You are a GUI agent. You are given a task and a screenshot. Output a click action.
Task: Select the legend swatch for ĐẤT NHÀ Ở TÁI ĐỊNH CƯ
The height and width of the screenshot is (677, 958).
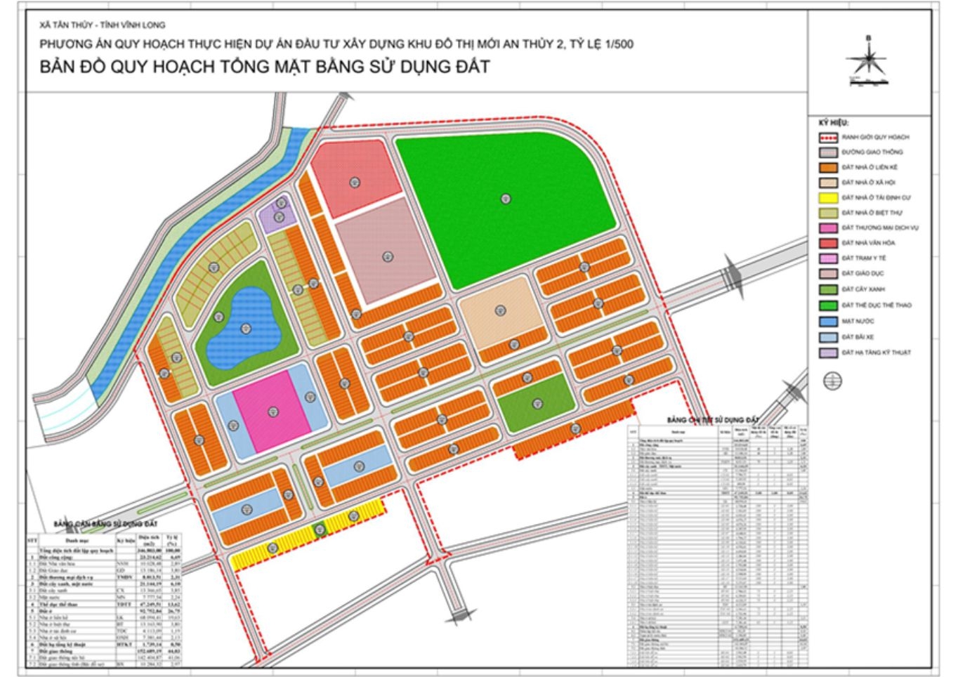(x=829, y=197)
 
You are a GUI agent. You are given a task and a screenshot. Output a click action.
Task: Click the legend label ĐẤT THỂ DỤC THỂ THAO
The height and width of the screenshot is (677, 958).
(x=876, y=305)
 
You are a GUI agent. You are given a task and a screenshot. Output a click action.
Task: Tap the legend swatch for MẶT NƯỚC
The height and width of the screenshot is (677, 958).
(x=829, y=321)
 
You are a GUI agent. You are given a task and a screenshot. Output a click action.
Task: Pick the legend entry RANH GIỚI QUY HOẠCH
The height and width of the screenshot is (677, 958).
(x=874, y=137)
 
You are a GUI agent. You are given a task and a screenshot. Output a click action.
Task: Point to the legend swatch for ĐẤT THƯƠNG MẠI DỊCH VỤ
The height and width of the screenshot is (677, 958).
(x=829, y=228)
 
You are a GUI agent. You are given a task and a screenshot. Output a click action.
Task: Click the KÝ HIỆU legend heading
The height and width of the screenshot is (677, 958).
(x=833, y=121)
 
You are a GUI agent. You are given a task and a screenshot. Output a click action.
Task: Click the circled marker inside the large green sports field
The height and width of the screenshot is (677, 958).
(x=505, y=199)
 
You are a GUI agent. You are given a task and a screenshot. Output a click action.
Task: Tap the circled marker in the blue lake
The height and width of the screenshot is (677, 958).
(x=245, y=328)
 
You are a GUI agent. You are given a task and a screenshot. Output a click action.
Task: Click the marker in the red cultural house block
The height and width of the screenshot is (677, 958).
(x=355, y=183)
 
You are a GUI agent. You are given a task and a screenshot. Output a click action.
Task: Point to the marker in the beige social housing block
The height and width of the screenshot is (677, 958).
(x=500, y=310)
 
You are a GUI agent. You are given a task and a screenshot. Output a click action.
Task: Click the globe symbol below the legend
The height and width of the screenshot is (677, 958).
(x=832, y=381)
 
